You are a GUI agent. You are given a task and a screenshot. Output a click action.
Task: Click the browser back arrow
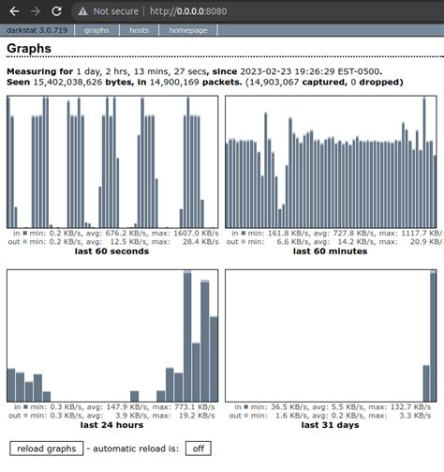pos(12,11)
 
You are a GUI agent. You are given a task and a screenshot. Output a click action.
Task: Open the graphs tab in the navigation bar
pos(97,30)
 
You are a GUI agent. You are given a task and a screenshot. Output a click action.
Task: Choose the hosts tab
pos(139,30)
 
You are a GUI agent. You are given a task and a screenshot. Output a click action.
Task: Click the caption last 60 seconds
pos(111,251)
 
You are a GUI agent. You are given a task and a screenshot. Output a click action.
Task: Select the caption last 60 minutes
pos(329,251)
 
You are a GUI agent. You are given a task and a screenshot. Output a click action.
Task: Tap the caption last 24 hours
pos(111,425)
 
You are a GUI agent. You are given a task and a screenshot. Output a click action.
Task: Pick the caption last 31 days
pos(329,425)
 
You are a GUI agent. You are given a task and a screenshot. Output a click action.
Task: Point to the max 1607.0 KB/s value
pos(193,232)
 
